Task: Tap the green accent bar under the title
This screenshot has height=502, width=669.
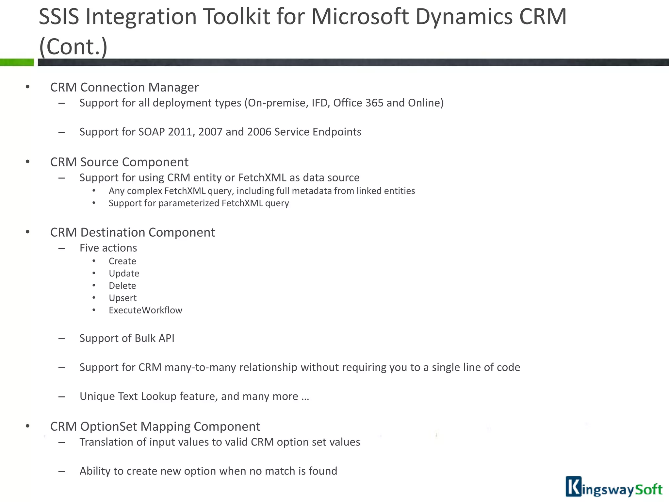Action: point(17,62)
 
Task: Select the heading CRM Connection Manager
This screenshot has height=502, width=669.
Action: point(124,87)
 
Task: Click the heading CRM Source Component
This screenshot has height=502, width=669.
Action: point(119,162)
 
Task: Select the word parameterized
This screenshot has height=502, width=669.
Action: point(189,203)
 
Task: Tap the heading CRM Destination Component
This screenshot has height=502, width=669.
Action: point(132,232)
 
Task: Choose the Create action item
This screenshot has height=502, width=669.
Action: point(122,261)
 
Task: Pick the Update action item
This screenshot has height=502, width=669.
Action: point(124,274)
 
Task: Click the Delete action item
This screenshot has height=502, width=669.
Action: point(122,286)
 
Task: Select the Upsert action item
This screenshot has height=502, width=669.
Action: point(122,298)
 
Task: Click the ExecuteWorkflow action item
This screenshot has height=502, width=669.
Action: point(145,310)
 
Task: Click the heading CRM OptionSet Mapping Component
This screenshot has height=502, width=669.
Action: point(155,427)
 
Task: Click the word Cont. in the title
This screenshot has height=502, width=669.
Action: point(73,47)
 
